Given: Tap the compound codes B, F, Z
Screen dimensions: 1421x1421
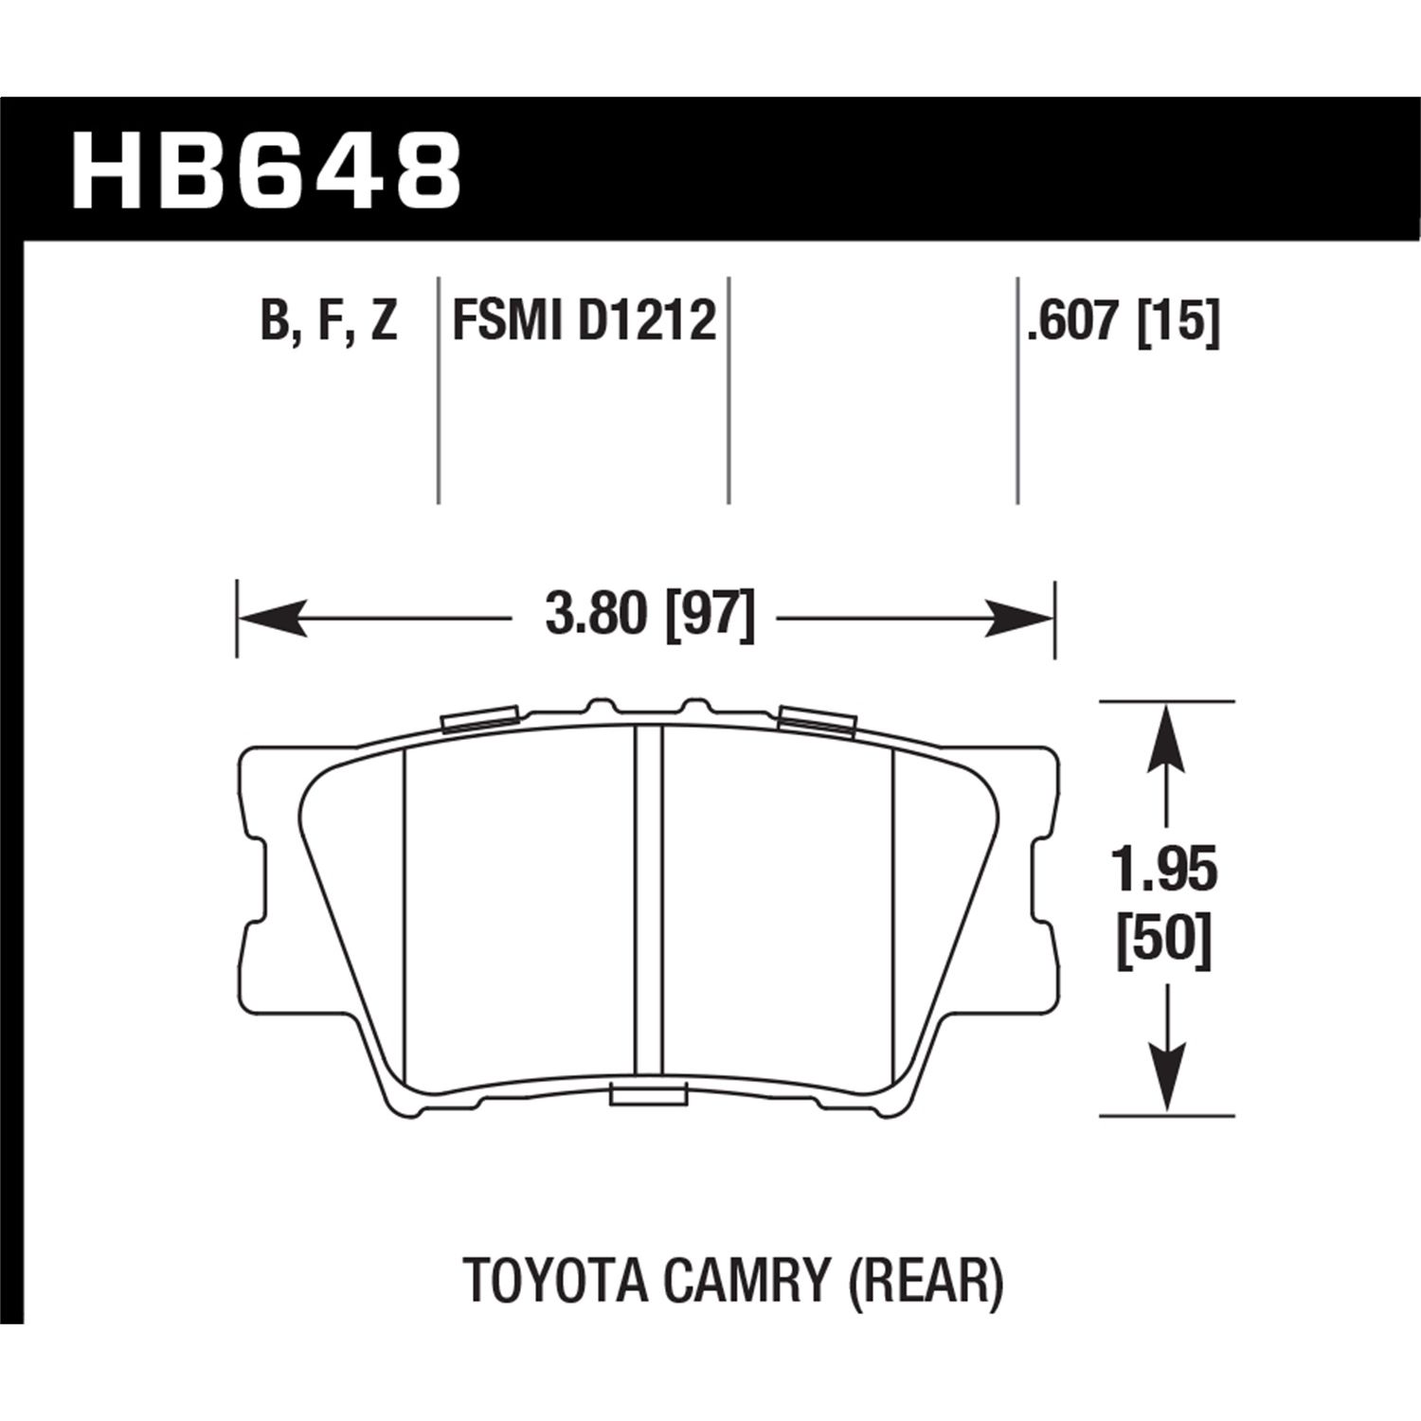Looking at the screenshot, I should [x=328, y=321].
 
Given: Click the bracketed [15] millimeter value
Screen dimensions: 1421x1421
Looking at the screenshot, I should [x=1178, y=321].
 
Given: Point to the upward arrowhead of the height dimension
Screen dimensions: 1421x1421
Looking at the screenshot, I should [x=1165, y=734].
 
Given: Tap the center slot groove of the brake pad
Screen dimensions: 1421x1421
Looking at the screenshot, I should [x=648, y=900].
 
